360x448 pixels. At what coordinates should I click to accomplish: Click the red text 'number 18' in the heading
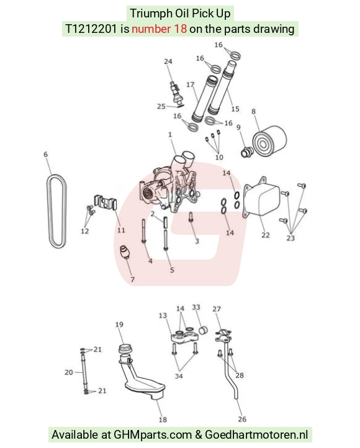pyautogui.click(x=159, y=29)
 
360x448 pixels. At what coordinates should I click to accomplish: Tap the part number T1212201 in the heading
pyautogui.click(x=91, y=29)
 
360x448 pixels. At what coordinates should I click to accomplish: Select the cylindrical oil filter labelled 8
pyautogui.click(x=269, y=140)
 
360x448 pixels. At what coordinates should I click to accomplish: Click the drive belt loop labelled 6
pyautogui.click(x=57, y=211)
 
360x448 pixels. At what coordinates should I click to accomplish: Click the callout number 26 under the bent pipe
pyautogui.click(x=242, y=419)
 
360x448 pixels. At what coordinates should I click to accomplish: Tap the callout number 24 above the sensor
pyautogui.click(x=168, y=61)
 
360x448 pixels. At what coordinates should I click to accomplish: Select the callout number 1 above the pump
pyautogui.click(x=170, y=134)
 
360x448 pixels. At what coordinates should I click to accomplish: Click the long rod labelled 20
pyautogui.click(x=84, y=372)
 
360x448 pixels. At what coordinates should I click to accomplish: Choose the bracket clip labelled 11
pyautogui.click(x=106, y=202)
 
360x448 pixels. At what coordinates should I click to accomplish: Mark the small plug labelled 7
pyautogui.click(x=125, y=252)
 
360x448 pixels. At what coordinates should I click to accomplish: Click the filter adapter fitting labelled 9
pyautogui.click(x=247, y=152)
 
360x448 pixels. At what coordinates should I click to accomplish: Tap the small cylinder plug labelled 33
pyautogui.click(x=203, y=330)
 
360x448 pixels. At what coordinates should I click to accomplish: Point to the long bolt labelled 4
pyautogui.click(x=143, y=231)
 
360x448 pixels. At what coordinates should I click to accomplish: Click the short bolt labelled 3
pyautogui.click(x=191, y=217)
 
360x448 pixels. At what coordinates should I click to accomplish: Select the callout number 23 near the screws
pyautogui.click(x=290, y=238)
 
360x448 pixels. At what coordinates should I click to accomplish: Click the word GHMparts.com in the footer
pyautogui.click(x=153, y=434)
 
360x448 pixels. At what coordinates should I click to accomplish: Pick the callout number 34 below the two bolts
pyautogui.click(x=179, y=376)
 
